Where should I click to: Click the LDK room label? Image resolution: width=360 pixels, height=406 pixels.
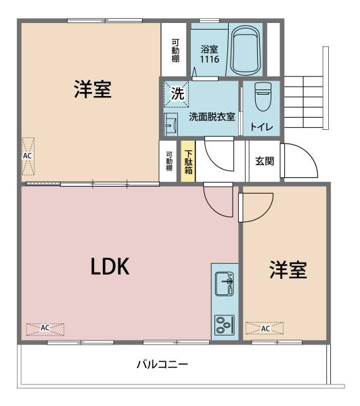click(110, 267)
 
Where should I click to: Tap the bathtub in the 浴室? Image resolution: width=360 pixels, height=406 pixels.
click(245, 50)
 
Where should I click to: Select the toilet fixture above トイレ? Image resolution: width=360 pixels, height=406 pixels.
click(263, 97)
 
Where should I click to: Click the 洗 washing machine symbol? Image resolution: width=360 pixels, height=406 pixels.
click(177, 94)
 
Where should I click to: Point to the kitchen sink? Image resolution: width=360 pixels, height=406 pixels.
click(225, 284)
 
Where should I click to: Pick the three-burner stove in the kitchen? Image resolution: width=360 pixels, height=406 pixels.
click(225, 325)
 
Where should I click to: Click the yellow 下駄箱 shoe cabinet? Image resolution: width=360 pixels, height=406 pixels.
click(188, 161)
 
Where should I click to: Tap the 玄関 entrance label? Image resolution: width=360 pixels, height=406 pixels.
click(265, 161)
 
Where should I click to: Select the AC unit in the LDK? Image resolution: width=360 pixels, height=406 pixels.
click(45, 329)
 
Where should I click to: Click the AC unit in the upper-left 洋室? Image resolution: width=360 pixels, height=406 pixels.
click(28, 156)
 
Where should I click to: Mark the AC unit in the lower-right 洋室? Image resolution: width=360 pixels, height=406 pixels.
click(265, 328)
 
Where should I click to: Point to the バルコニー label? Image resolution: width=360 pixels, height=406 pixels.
click(162, 365)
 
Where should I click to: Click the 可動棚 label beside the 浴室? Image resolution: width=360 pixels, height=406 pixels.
click(175, 50)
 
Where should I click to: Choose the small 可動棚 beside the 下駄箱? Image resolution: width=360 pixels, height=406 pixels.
click(168, 161)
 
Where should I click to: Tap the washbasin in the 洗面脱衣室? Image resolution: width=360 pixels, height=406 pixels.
click(171, 125)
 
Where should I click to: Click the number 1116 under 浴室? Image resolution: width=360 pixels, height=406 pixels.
click(210, 59)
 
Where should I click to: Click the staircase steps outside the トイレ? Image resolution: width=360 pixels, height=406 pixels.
click(304, 102)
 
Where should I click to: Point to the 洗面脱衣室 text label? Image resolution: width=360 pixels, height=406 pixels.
click(212, 117)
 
